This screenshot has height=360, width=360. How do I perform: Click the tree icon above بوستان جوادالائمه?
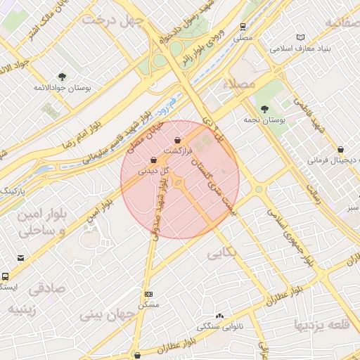click(x=62, y=77)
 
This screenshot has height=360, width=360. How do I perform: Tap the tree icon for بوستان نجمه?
click(x=264, y=109)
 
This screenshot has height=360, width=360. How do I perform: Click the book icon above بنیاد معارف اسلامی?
click(x=302, y=37)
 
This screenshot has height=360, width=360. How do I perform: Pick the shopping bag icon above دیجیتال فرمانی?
click(x=341, y=149)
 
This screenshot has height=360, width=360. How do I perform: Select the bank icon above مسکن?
click(x=148, y=294)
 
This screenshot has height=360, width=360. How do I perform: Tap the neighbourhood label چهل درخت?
click(x=112, y=20)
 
